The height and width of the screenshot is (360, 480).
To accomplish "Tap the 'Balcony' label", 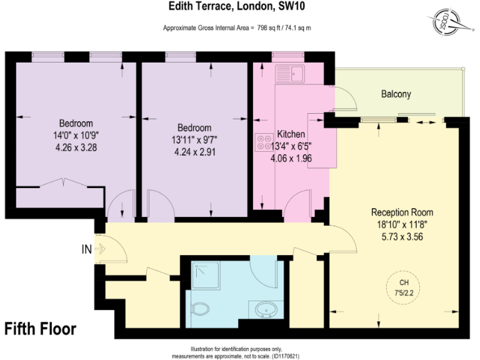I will click(396, 94).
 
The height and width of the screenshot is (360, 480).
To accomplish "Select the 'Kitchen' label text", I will click(291, 134).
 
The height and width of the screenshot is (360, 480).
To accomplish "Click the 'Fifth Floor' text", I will click(41, 328).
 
